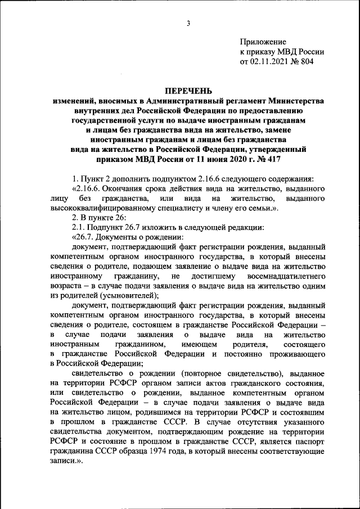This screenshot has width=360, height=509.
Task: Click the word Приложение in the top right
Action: [x=263, y=42]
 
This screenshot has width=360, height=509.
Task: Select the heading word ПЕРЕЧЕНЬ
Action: [x=188, y=90]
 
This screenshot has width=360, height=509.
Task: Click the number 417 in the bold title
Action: [x=292, y=160]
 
